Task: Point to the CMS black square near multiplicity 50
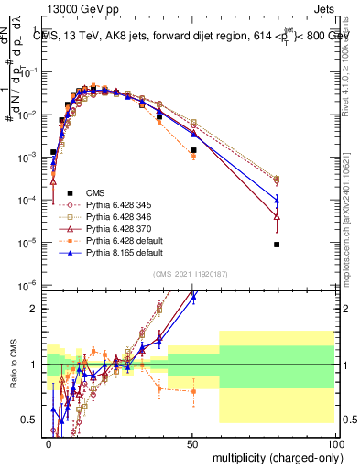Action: pos(193,150)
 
